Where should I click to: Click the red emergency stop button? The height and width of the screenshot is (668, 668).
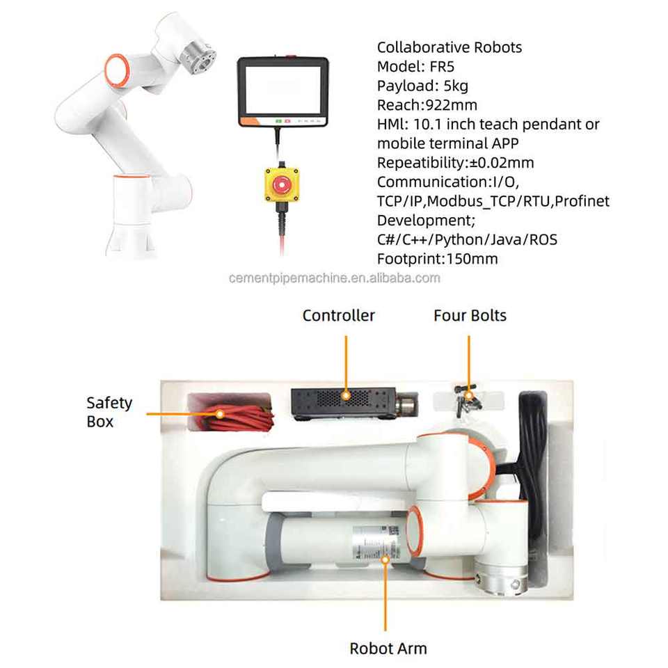[281, 185]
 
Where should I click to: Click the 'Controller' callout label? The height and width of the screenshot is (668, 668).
[338, 315]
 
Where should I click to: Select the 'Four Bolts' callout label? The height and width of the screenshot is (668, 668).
[470, 315]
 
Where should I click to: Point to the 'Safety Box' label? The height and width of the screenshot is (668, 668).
[109, 412]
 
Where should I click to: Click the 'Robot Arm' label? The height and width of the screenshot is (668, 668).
[388, 649]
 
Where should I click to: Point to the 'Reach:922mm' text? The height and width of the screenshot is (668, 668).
[427, 106]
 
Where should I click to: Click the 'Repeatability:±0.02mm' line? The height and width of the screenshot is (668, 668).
[455, 163]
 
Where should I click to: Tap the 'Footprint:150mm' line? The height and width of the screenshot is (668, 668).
[437, 259]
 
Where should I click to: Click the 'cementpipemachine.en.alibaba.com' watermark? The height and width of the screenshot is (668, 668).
[335, 278]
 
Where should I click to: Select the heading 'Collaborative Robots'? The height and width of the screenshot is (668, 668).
[449, 48]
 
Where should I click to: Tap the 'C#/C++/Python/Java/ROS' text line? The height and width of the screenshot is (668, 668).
[467, 239]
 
